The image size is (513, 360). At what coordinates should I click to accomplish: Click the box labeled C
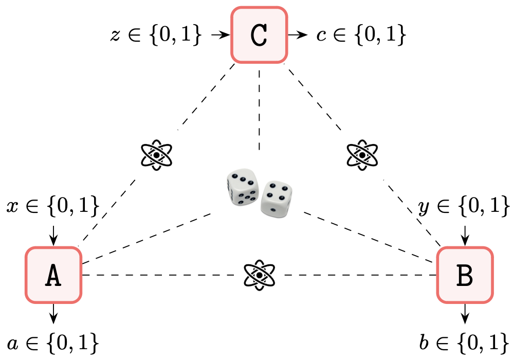(x=259, y=35)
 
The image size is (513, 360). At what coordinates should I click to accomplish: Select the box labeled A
(x=53, y=275)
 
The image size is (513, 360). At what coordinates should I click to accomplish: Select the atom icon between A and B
(x=259, y=275)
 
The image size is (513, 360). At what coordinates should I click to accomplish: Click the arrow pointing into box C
(x=220, y=35)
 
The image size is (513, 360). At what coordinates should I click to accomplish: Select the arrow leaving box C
(x=298, y=35)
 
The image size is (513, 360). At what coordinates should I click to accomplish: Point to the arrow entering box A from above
(x=53, y=235)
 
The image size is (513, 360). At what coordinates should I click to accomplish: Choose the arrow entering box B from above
(x=465, y=235)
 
